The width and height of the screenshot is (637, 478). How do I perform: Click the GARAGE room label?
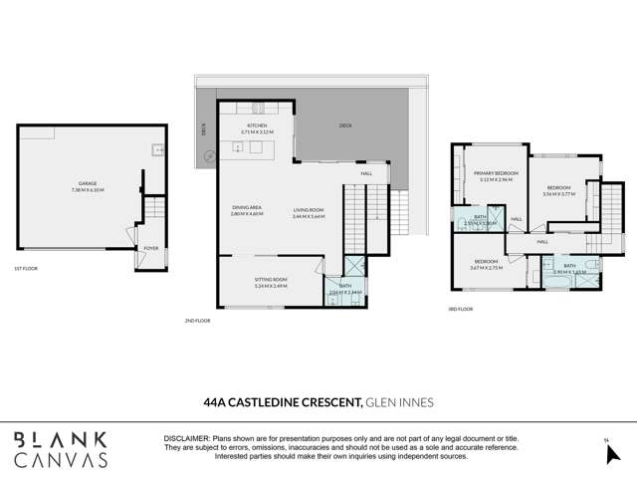[x=91, y=183]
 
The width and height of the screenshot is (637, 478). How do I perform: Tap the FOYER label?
[x=151, y=248]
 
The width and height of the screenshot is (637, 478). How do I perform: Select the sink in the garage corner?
[x=155, y=152]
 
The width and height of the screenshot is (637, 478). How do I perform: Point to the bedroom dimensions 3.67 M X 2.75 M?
[x=488, y=268]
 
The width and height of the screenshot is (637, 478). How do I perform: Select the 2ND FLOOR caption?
[x=197, y=321]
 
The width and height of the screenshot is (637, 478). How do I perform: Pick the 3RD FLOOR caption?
[x=460, y=310]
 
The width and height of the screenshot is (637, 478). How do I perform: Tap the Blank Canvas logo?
[x=61, y=449]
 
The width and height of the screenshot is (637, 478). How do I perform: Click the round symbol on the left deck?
[x=209, y=155]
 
